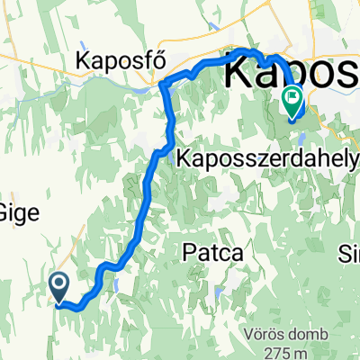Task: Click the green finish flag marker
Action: point(293,98)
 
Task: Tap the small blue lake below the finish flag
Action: point(302,139)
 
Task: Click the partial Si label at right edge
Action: point(350,251)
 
